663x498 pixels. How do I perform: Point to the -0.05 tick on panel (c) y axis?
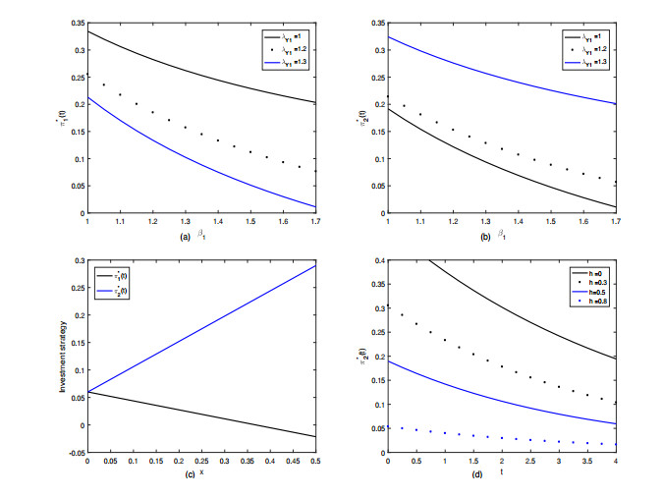tap(76, 453)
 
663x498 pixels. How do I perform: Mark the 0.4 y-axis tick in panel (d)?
tap(377, 259)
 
